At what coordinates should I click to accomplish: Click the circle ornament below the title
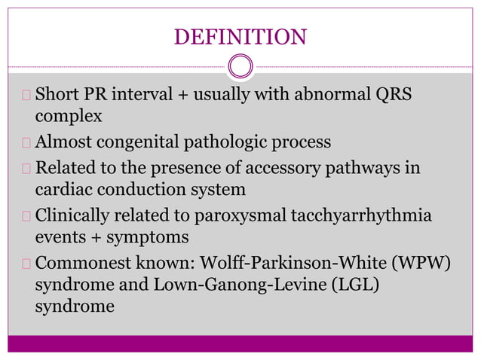coord(240,66)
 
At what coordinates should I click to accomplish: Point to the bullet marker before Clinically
coord(28,215)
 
